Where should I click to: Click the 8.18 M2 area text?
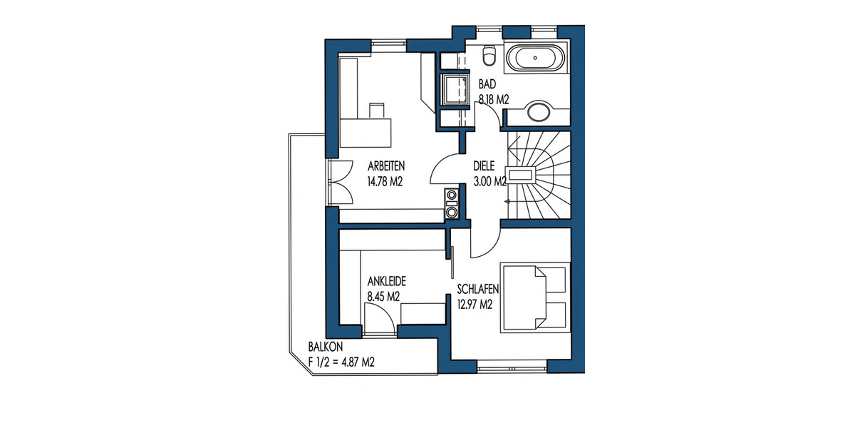click(x=493, y=101)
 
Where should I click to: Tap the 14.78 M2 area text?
click(x=385, y=182)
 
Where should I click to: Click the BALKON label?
click(x=326, y=347)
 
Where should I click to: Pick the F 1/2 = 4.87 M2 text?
click(x=341, y=362)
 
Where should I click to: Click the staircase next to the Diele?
click(x=538, y=175)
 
